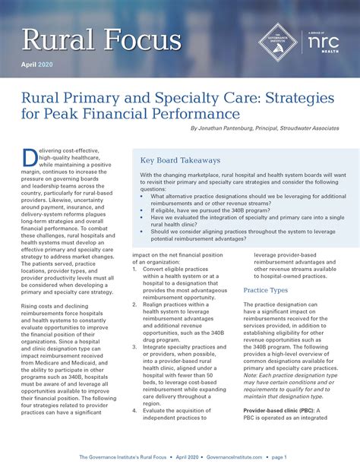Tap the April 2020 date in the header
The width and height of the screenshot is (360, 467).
coord(39,66)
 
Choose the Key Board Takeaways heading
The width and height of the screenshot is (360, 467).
coord(181,160)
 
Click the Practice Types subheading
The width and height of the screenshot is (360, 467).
coord(265,289)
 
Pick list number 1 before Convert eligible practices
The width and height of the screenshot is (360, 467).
coord(134,269)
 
